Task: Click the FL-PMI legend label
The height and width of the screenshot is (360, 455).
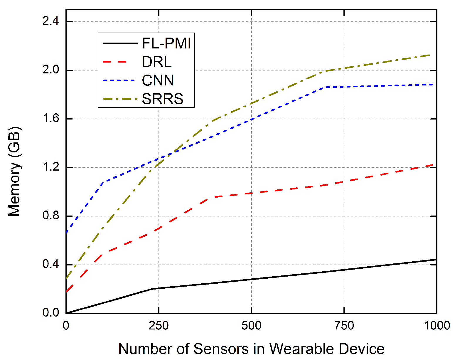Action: point(166,43)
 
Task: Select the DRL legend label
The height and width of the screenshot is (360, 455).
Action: point(156,62)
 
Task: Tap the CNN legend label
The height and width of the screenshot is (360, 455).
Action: point(158,80)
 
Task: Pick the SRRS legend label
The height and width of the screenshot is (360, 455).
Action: point(162,99)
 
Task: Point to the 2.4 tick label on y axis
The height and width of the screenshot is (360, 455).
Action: point(50,22)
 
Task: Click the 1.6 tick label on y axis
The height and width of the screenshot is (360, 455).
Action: point(50,119)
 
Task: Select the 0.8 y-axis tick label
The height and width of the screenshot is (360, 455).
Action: point(50,216)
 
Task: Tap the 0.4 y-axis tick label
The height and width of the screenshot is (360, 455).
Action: point(50,265)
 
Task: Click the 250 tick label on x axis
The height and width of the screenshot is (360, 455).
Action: point(159,325)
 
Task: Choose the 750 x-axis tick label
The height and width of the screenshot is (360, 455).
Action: point(344,325)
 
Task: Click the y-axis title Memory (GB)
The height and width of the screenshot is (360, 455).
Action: point(15,172)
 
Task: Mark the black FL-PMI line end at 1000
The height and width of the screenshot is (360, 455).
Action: point(436,260)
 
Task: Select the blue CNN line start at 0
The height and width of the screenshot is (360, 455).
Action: point(67,233)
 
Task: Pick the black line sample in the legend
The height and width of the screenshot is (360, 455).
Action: point(120,43)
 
